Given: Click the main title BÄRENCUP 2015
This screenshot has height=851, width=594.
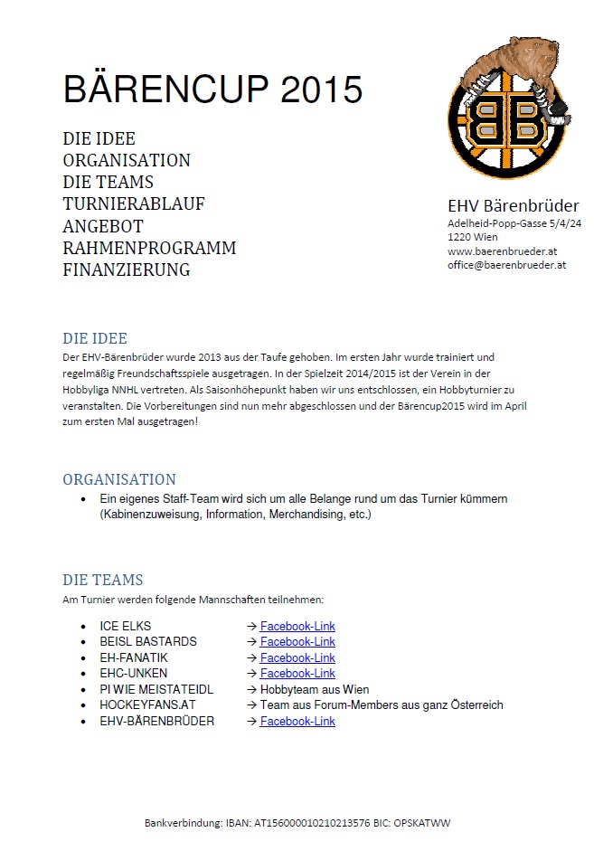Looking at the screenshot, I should (x=212, y=90).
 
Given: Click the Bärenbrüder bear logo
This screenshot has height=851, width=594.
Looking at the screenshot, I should (x=510, y=109).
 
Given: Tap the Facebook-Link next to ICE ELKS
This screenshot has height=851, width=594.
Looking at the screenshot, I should (x=297, y=626).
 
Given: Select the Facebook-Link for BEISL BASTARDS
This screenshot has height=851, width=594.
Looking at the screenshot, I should (x=297, y=641).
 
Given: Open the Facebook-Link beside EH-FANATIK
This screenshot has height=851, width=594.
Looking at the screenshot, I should (x=297, y=657).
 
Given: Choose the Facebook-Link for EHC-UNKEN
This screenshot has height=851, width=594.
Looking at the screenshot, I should (x=297, y=673).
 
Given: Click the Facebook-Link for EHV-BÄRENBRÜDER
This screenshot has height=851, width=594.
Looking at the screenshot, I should (x=297, y=721).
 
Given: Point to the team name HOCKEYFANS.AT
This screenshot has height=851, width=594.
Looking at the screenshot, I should (x=147, y=704).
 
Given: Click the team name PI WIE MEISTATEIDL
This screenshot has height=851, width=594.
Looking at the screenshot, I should (x=156, y=689).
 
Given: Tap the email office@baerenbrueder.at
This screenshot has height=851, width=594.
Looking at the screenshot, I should (x=506, y=265).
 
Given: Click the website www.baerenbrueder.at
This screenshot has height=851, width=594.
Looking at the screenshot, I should (x=500, y=251).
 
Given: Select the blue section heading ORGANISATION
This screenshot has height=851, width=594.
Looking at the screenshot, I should (x=119, y=479).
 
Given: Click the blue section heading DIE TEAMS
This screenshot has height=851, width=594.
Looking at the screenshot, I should (x=103, y=580).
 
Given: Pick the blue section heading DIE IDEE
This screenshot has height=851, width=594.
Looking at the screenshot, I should (x=95, y=339).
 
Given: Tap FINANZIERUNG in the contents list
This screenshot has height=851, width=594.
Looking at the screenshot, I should (x=127, y=269).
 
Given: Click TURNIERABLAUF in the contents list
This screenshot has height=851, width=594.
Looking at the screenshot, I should (x=134, y=203).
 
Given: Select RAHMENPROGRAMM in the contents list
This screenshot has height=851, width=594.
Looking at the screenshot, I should (x=149, y=248).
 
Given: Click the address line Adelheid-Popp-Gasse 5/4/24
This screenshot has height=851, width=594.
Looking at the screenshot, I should (x=514, y=223).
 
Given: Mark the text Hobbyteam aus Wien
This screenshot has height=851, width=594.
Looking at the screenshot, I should (x=315, y=689).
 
